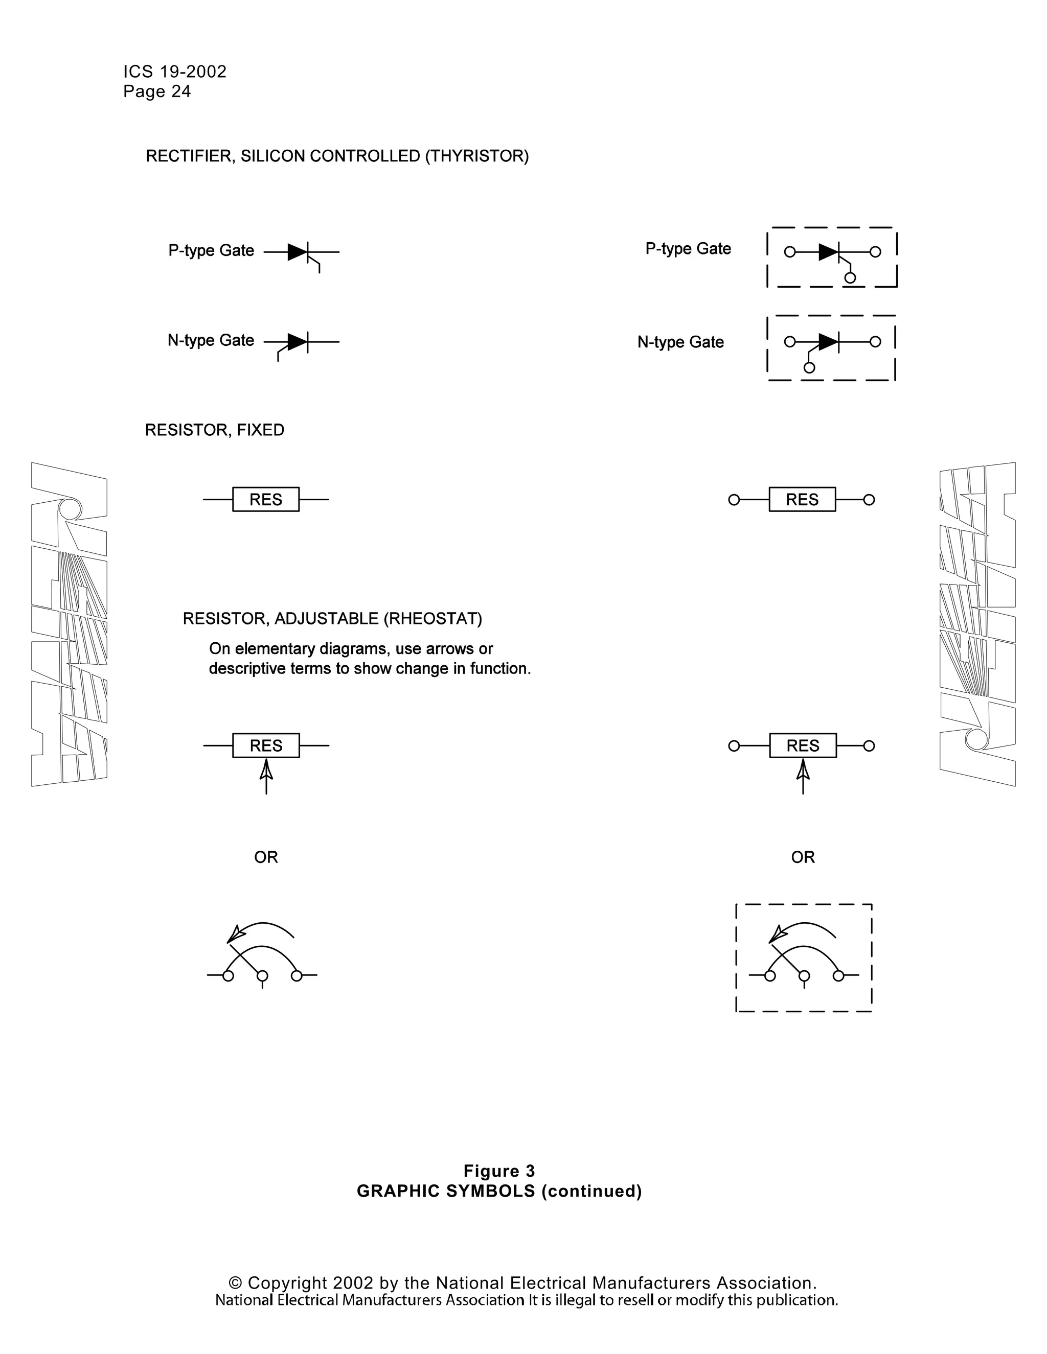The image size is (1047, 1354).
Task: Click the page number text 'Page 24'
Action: click(x=157, y=92)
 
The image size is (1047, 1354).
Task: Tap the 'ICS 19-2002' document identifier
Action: click(x=175, y=72)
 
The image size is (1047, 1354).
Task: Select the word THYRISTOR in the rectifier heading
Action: click(x=476, y=156)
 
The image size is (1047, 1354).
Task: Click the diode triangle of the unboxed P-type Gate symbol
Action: click(x=297, y=252)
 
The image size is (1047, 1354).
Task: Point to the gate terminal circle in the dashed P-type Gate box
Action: click(x=850, y=278)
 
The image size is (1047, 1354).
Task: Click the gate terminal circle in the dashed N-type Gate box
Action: click(x=809, y=368)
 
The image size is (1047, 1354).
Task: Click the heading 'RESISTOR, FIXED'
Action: click(x=215, y=430)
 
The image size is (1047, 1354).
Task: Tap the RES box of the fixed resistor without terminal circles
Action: click(x=265, y=500)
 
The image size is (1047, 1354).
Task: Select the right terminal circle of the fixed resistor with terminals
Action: click(x=869, y=500)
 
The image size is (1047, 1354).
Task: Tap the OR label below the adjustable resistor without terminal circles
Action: click(x=266, y=857)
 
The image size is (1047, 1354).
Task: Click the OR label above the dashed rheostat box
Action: click(x=803, y=857)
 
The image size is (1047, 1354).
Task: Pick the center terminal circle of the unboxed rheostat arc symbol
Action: click(x=262, y=976)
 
